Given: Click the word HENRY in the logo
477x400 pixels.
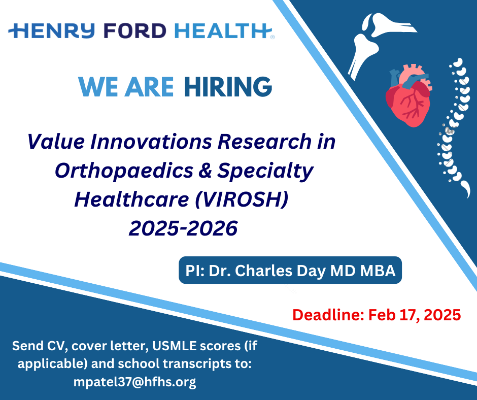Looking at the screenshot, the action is click(x=52, y=31).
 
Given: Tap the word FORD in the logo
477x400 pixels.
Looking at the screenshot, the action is click(x=135, y=31).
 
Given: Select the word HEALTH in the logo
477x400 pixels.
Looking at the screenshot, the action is click(x=223, y=31).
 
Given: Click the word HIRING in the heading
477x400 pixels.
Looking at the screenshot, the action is click(x=228, y=87).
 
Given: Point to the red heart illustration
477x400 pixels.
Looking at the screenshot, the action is click(x=409, y=95).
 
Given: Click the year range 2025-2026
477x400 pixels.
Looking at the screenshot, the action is click(x=183, y=228).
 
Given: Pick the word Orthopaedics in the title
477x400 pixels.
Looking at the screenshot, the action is click(x=124, y=171).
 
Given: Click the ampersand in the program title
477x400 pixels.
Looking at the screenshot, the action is click(x=205, y=170).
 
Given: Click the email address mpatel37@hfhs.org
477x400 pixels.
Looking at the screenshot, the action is click(x=135, y=382).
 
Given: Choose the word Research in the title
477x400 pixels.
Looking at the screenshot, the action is click(x=265, y=142).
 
